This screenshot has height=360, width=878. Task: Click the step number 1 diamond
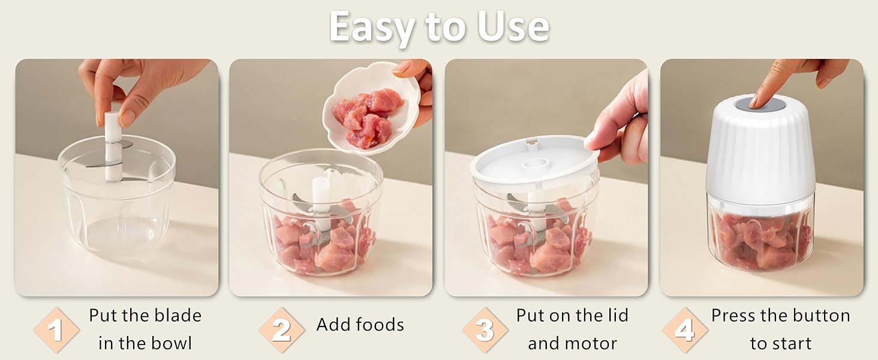[56, 329]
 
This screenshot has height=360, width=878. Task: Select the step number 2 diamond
[281, 329]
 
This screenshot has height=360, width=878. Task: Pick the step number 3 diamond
[485, 329]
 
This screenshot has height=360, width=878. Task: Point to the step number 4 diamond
[684, 329]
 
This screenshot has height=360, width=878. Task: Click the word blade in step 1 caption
[178, 316]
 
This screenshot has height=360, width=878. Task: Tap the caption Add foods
[360, 325]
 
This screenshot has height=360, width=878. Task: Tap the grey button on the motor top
[760, 104]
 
